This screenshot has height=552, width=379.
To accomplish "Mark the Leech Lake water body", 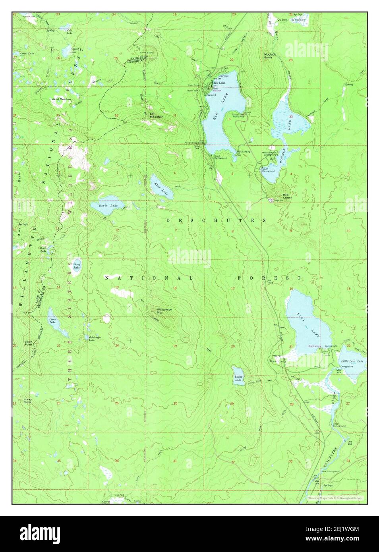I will click(54, 321).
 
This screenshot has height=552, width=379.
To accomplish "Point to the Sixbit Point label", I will click(29, 343).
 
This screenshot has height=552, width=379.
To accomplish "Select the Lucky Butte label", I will click(27, 400).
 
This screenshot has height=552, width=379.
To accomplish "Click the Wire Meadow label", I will click(277, 358).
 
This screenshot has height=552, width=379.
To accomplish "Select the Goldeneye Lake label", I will click(92, 338).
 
